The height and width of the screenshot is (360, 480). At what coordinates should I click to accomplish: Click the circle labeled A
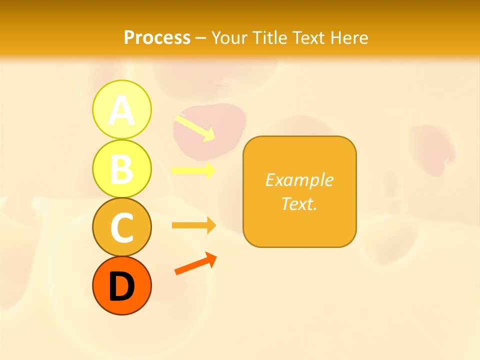(121, 109)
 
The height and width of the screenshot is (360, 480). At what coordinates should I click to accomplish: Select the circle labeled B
(121, 168)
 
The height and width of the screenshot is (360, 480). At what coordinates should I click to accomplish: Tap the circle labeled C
(121, 227)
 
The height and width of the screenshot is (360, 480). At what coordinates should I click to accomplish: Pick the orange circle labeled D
(121, 285)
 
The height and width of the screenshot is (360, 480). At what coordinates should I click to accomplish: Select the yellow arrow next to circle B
(193, 170)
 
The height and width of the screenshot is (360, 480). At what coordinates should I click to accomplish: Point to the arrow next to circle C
(193, 225)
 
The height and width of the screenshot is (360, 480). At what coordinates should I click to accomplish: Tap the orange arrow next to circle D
(195, 264)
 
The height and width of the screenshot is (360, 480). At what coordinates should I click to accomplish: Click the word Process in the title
(157, 37)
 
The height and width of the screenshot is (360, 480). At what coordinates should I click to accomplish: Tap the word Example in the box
(299, 180)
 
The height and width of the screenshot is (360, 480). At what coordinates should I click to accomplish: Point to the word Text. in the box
(299, 203)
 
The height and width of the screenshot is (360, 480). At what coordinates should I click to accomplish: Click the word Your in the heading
(230, 37)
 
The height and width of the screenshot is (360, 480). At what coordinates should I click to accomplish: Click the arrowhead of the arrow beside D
(211, 259)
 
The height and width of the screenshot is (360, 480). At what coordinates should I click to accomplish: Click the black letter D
(121, 287)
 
